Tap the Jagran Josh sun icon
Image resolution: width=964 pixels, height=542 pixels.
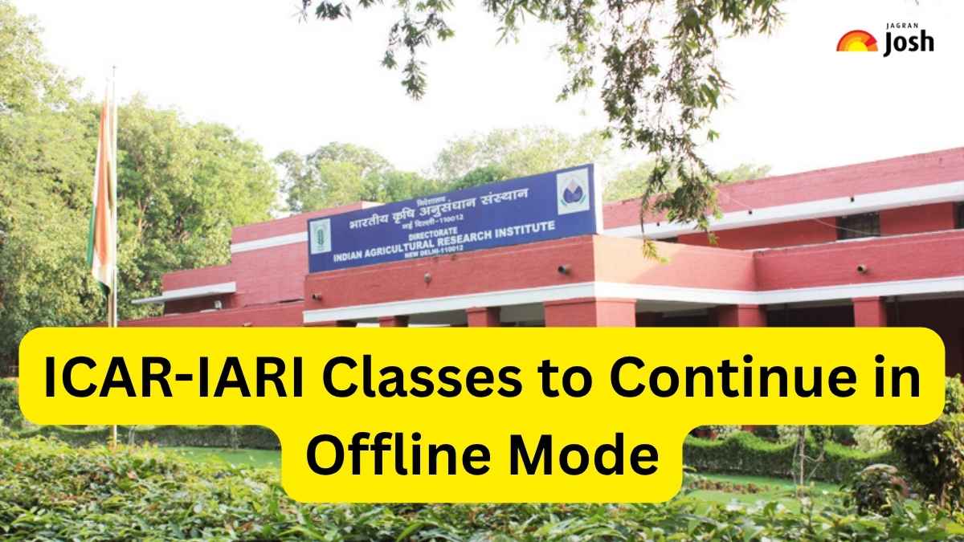pyautogui.click(x=856, y=41)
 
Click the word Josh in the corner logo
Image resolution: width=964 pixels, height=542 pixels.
pyautogui.click(x=909, y=45)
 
